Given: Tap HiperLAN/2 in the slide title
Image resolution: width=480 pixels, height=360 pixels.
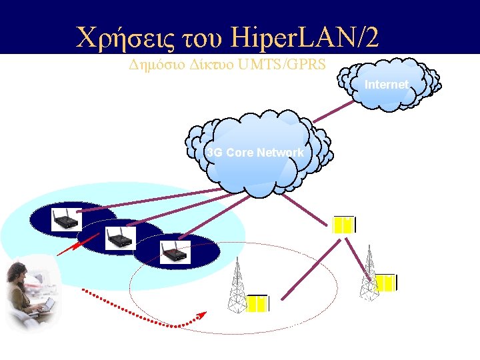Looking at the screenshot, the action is [x=304, y=36].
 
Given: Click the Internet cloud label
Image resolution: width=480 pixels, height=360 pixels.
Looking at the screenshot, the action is [x=387, y=85].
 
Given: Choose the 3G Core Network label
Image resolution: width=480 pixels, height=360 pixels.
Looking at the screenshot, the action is [x=255, y=153].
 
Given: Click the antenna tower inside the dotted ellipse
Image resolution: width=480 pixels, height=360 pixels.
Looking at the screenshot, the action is [x=236, y=285].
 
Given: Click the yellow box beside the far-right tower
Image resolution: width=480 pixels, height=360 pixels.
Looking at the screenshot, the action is [x=386, y=283].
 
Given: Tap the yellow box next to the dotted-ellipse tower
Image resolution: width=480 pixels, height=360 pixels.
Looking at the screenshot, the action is [x=257, y=304].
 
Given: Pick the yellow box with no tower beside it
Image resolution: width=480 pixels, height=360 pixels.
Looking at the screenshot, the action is [x=343, y=225].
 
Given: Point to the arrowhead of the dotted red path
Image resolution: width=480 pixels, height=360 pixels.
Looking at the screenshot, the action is [x=202, y=315].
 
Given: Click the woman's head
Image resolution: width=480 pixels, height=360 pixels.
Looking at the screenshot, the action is [x=17, y=274].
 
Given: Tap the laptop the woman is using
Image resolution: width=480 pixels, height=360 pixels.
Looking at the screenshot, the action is [x=44, y=307].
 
